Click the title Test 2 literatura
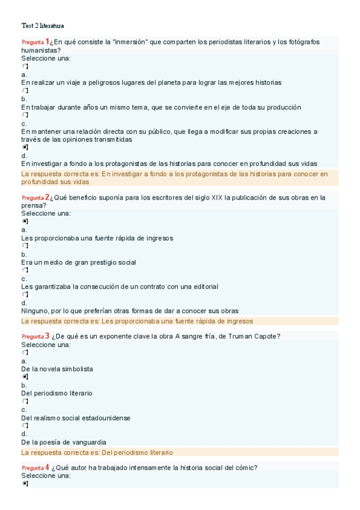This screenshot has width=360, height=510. (x=43, y=26)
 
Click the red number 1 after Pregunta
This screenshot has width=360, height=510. (x=47, y=41)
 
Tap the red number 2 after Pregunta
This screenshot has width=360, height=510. (x=47, y=197)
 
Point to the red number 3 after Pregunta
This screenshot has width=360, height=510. (x=47, y=336)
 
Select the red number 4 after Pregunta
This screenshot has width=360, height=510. (x=47, y=467)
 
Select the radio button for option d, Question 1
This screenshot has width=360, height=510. (x=25, y=147)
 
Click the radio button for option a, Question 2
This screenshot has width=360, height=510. (x=25, y=221)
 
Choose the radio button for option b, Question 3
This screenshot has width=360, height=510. (x=25, y=377)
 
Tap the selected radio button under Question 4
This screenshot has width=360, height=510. (x=25, y=483)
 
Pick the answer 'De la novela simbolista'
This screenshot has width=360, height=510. (x=56, y=369)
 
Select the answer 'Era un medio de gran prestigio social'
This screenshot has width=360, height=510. (x=78, y=262)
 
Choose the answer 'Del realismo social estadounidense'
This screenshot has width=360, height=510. (x=76, y=418)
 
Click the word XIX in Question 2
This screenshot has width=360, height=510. (x=216, y=197)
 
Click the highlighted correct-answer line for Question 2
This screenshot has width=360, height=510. (x=137, y=321)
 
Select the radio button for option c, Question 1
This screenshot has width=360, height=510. (x=25, y=115)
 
